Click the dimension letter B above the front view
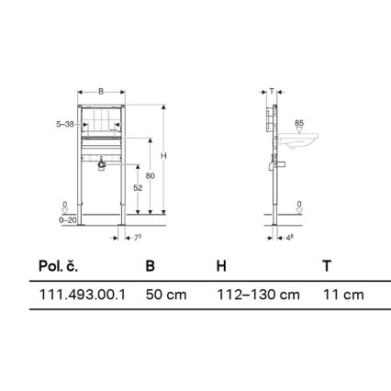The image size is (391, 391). (100, 93)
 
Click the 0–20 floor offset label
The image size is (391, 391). (64, 218)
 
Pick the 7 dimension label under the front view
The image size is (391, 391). (135, 239)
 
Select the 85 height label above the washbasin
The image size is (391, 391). (299, 122)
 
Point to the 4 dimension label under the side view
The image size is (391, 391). (289, 239)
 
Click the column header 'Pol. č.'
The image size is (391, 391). (58, 266)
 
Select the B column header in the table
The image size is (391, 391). (151, 266)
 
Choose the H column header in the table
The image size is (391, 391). (220, 266)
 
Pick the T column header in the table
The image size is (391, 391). (327, 266)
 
